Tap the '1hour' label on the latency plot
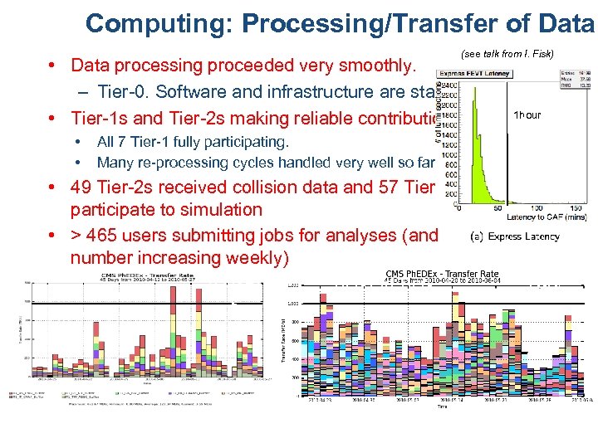click(527, 115)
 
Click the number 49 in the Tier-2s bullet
click(81, 187)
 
